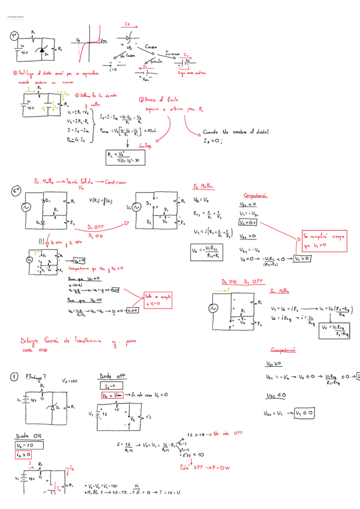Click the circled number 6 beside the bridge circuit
click(16, 190)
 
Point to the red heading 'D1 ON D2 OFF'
click(242, 282)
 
